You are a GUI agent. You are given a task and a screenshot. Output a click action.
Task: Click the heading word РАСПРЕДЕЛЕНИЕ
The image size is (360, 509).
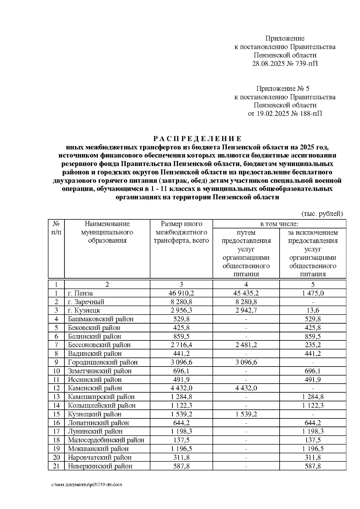(197, 139)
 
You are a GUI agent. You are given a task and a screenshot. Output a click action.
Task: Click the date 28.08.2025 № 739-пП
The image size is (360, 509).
(285, 63)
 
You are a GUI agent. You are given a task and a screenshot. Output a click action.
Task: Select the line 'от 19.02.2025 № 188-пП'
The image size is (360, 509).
(285, 114)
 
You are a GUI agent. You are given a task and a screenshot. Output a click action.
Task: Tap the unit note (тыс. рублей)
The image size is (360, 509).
(322, 214)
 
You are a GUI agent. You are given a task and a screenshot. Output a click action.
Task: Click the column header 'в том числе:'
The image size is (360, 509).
(279, 224)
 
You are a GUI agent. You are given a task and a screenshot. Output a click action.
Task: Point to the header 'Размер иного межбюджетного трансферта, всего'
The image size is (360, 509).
(181, 232)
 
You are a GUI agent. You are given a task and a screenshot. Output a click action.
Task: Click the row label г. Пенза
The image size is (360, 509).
(80, 293)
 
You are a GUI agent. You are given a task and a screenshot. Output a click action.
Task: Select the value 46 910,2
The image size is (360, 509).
(181, 293)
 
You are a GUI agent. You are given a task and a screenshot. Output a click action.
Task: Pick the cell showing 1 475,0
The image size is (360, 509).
(313, 293)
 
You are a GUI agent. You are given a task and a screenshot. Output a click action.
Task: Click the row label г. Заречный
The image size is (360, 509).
(86, 302)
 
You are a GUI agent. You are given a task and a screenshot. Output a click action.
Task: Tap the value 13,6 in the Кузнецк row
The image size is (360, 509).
(313, 310)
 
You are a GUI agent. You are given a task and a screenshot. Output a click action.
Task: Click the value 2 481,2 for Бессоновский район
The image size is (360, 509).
(246, 345)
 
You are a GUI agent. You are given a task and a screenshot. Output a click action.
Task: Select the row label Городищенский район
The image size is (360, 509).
(103, 362)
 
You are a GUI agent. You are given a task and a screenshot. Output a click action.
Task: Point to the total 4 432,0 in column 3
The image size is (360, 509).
(181, 388)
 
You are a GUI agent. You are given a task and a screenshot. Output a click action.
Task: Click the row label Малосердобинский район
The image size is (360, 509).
(106, 440)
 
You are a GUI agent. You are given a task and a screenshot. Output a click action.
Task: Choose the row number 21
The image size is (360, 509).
(56, 466)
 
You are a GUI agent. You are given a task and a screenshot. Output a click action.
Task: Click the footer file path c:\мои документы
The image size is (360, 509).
(87, 485)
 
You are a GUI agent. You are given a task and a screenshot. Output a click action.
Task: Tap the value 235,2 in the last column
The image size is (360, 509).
(313, 345)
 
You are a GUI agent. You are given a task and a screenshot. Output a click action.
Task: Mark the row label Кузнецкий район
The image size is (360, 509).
(94, 414)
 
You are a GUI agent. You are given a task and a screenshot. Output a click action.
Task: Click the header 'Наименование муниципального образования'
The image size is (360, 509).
(107, 232)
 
